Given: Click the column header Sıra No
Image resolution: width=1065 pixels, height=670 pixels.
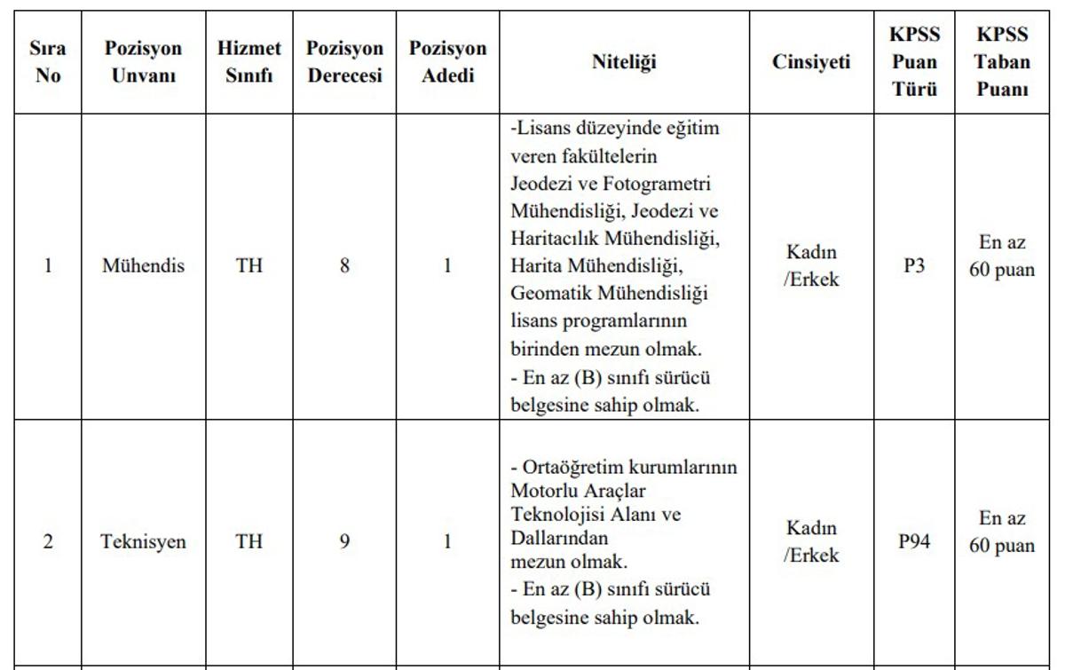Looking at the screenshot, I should click(48, 62).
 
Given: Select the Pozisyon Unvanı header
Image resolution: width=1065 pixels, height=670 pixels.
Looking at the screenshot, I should click(143, 62).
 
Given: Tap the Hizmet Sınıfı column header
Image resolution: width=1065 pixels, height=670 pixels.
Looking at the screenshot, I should click(249, 62).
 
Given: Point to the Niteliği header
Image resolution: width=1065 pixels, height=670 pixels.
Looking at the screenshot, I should click(625, 62).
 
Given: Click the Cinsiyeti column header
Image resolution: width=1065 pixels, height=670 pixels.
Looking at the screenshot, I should click(811, 62).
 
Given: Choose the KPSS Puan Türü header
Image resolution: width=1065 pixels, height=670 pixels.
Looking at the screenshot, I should click(914, 62).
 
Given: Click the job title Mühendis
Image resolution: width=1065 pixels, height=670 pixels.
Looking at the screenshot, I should click(143, 265).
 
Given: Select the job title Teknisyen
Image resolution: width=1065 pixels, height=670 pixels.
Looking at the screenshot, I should click(143, 541).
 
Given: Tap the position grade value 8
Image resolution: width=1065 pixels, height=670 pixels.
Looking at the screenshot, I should click(344, 265).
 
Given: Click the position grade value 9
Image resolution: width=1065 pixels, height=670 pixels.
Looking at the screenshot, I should click(344, 541).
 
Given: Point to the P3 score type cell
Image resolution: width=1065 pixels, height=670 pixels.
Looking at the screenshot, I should click(914, 265).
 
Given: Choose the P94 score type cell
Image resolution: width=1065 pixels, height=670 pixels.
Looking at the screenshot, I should click(914, 541).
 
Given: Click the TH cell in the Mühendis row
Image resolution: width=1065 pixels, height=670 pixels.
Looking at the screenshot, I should click(249, 265).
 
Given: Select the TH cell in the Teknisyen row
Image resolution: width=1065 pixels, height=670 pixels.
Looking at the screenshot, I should click(249, 541).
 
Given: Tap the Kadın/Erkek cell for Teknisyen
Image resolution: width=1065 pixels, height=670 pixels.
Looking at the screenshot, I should click(811, 541).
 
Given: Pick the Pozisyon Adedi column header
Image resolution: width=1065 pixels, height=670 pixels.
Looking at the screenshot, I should click(447, 62).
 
